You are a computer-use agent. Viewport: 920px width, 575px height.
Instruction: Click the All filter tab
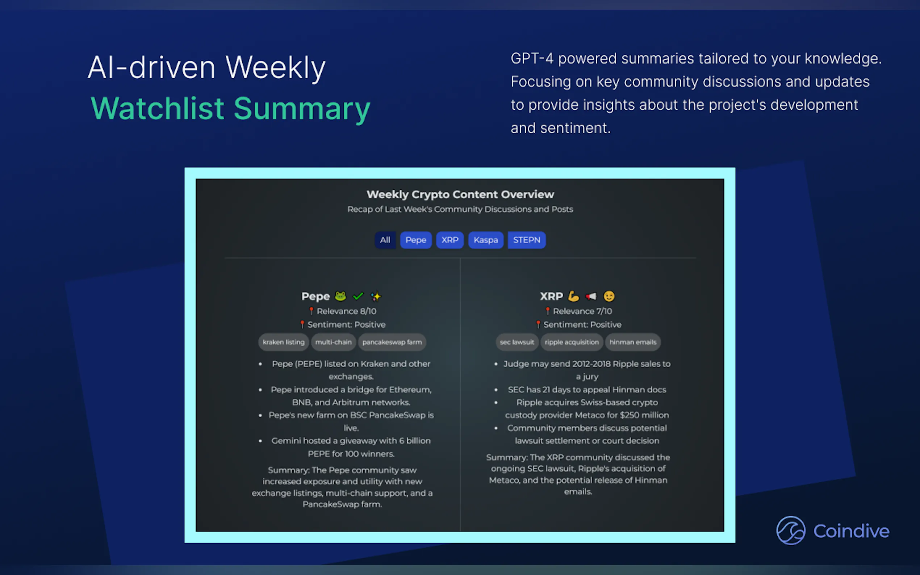385,240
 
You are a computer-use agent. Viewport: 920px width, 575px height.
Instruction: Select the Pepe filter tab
416,240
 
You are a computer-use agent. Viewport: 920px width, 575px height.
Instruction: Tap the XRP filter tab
450,240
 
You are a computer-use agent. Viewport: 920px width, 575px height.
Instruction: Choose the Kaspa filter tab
486,240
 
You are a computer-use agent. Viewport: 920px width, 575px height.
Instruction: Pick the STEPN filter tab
527,240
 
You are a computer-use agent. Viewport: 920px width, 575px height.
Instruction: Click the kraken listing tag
284,342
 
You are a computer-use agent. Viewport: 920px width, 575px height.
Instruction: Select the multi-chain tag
334,342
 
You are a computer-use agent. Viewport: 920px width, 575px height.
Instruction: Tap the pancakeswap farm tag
392,342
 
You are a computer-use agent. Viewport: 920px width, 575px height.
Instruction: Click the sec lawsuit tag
517,342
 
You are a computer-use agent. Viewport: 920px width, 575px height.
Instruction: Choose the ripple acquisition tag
572,342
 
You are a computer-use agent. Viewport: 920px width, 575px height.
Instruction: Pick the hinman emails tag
633,342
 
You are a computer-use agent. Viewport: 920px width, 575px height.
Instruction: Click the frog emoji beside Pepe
340,296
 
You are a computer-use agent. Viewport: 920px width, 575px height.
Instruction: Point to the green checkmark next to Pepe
358,296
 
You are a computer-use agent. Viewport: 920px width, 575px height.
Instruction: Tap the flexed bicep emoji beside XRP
573,296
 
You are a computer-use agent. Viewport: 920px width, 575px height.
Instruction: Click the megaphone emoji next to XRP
591,296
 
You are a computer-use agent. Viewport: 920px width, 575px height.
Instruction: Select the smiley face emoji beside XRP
609,296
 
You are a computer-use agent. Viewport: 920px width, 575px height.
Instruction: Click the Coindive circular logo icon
791,530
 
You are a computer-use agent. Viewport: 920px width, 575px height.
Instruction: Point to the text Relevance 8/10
347,311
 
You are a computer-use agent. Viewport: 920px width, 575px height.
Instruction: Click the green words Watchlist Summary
230,109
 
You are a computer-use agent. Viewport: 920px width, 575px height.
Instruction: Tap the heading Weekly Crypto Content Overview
460,194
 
